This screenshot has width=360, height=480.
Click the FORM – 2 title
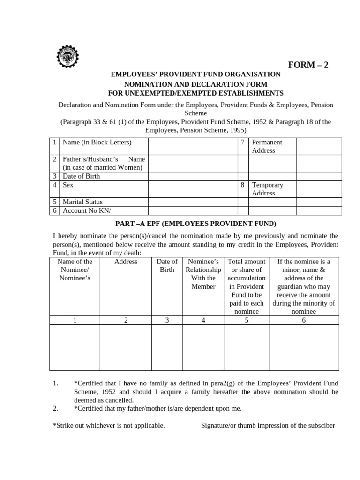[x=307, y=65]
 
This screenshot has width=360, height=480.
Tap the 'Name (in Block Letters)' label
[x=97, y=142]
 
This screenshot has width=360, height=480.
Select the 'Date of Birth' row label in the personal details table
[x=81, y=176]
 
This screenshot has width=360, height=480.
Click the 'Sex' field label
[x=68, y=185]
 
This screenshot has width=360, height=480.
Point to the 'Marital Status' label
[x=82, y=202]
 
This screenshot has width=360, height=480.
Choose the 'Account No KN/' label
[x=83, y=210]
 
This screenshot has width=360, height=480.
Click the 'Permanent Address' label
[x=267, y=146]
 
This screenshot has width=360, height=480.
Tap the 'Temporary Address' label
[x=267, y=189]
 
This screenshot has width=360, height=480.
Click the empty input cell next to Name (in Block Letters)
[x=193, y=146]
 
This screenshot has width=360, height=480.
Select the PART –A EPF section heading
[x=195, y=223]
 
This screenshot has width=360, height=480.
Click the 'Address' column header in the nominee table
[x=126, y=262]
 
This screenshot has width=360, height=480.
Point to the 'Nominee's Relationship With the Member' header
[x=203, y=274]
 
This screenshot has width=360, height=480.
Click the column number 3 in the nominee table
[x=167, y=320]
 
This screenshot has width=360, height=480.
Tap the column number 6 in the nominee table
[x=304, y=320]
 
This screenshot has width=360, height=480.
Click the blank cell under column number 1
[x=75, y=347]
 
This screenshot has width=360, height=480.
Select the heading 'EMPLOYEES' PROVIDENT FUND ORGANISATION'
[x=195, y=75]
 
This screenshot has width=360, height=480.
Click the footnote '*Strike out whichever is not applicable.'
[x=109, y=426]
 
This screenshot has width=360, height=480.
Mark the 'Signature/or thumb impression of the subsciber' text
[x=268, y=426]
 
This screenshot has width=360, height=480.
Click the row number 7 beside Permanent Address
[x=242, y=142]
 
